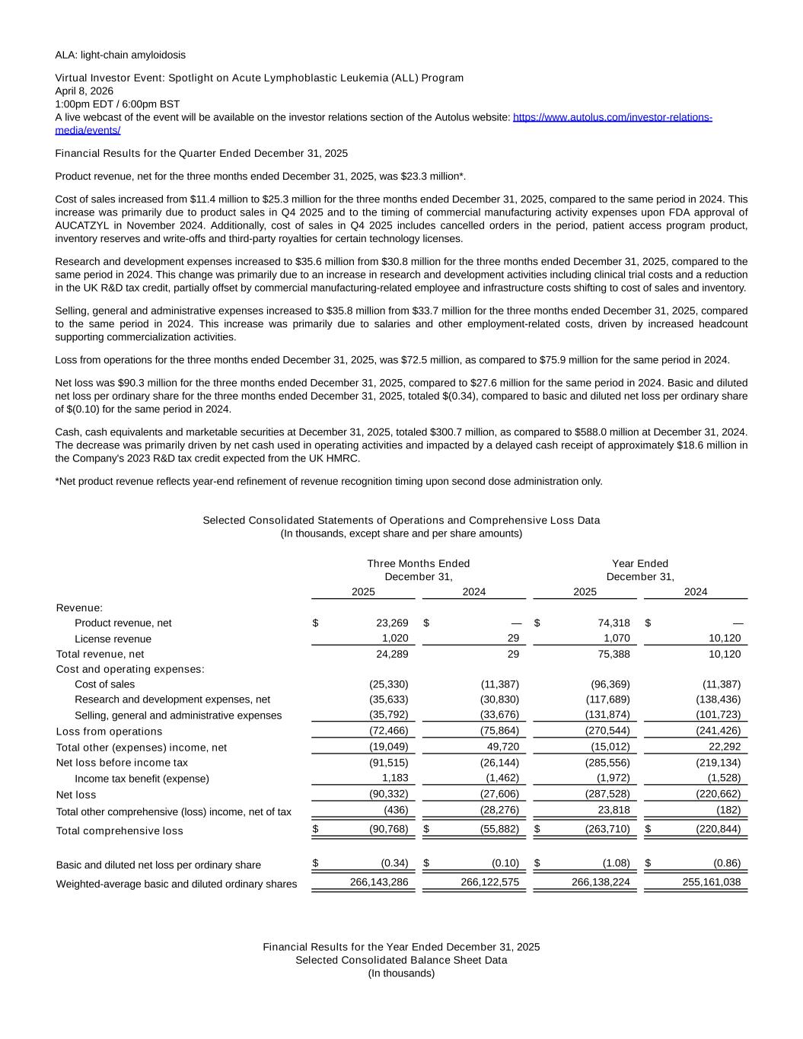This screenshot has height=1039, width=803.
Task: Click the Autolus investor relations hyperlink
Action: pyautogui.click(x=612, y=117)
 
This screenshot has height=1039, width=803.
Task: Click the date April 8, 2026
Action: pyautogui.click(x=84, y=91)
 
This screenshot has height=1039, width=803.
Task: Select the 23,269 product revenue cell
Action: pyautogui.click(x=392, y=623)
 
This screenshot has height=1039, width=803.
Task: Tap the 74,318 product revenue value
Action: pyautogui.click(x=613, y=623)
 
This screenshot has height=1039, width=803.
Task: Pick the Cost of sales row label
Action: pyautogui.click(x=104, y=684)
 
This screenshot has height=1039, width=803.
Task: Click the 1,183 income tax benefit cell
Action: pyautogui.click(x=395, y=778)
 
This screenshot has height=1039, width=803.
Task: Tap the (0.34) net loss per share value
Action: pyautogui.click(x=394, y=863)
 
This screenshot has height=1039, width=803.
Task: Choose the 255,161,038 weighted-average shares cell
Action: pyautogui.click(x=712, y=882)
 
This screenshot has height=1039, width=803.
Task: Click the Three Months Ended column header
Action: pyautogui.click(x=418, y=563)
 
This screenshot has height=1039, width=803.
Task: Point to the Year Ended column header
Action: pyautogui.click(x=639, y=563)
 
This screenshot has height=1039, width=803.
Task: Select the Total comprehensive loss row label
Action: pyautogui.click(x=119, y=830)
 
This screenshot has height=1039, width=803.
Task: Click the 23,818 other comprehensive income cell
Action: pyautogui.click(x=613, y=810)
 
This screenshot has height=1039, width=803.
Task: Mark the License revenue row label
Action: pyautogui.click(x=113, y=639)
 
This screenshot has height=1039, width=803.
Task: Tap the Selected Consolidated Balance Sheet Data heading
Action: pyautogui.click(x=401, y=960)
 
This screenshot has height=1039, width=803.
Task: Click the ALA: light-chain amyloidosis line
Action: pyautogui.click(x=120, y=55)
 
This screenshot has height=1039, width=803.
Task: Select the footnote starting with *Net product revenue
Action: pyautogui.click(x=329, y=481)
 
